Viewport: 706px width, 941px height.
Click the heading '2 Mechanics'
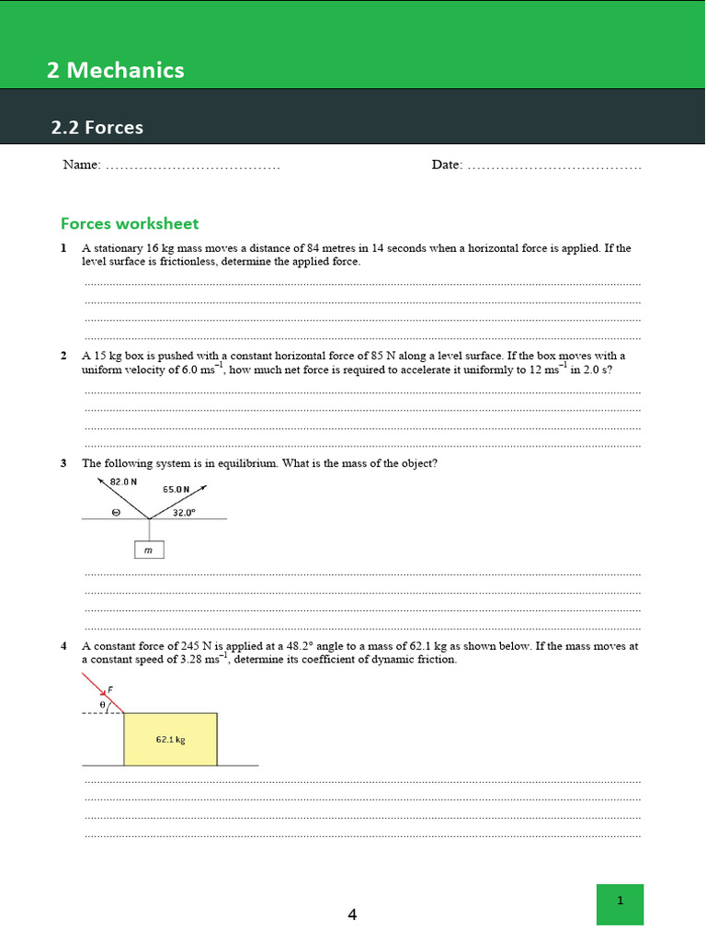pyautogui.click(x=116, y=70)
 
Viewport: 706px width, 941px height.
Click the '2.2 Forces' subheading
pyautogui.click(x=97, y=128)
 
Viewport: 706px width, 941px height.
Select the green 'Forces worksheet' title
pyautogui.click(x=130, y=223)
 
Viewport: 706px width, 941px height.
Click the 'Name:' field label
pyautogui.click(x=81, y=165)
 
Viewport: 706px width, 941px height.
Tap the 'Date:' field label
pyautogui.click(x=447, y=165)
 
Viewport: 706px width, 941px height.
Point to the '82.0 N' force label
pyautogui.click(x=123, y=482)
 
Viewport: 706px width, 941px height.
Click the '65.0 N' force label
pyautogui.click(x=176, y=490)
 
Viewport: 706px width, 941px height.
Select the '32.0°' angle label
pyautogui.click(x=184, y=514)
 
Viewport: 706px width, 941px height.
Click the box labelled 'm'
pyautogui.click(x=149, y=550)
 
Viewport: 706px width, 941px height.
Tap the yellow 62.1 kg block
pyautogui.click(x=171, y=739)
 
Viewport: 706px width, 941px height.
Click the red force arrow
pyautogui.click(x=103, y=693)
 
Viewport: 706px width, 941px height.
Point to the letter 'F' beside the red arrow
pyautogui.click(x=110, y=688)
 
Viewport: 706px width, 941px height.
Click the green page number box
pyautogui.click(x=620, y=903)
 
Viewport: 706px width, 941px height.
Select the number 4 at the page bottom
pyautogui.click(x=352, y=914)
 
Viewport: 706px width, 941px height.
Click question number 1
pyautogui.click(x=63, y=248)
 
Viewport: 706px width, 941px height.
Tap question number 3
pyautogui.click(x=63, y=463)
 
